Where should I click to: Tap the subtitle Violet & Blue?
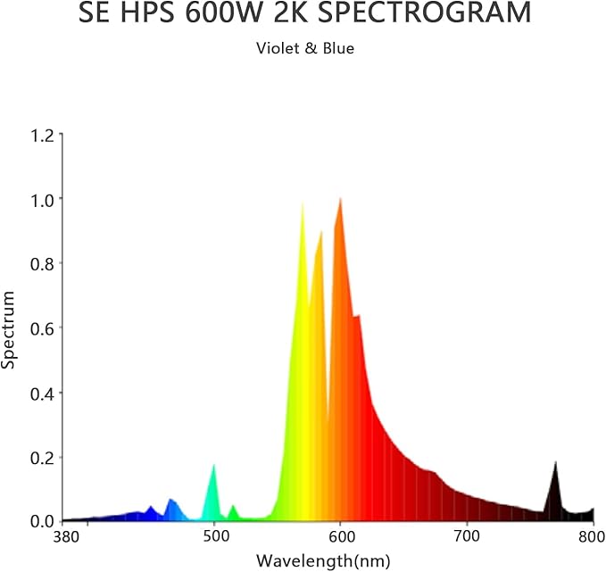(305, 48)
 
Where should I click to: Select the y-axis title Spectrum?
(9, 329)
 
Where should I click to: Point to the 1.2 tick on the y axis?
(42, 135)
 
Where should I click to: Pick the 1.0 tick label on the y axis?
(42, 199)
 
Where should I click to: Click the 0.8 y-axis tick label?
(42, 263)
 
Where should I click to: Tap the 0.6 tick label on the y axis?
(42, 327)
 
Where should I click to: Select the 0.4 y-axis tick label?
(42, 393)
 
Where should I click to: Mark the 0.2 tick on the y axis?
(42, 457)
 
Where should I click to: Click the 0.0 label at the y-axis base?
(42, 521)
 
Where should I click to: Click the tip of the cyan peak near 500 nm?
(213, 465)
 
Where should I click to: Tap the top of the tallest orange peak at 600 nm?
(340, 198)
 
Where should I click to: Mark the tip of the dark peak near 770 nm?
(555, 461)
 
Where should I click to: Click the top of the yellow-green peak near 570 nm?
(303, 203)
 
